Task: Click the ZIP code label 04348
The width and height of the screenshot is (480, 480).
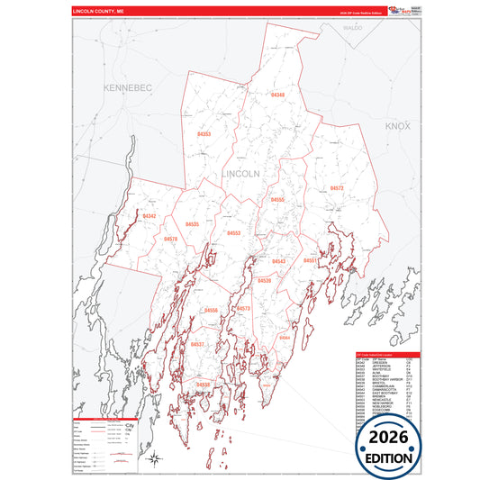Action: (x=278, y=95)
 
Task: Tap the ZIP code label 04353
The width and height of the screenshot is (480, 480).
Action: (x=204, y=133)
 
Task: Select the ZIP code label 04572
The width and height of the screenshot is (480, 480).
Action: (x=337, y=188)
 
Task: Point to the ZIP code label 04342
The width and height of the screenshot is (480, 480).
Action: (x=149, y=216)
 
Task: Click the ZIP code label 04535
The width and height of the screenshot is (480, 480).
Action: (x=193, y=224)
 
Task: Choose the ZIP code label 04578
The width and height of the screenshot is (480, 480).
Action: (x=171, y=239)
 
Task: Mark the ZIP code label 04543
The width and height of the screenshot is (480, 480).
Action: (x=278, y=261)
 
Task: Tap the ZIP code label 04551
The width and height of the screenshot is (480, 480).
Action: (x=309, y=260)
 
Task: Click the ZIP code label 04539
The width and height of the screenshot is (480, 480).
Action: (x=264, y=281)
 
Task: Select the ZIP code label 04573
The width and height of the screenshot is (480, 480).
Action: (x=243, y=308)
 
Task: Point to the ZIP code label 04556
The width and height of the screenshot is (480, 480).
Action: (x=211, y=311)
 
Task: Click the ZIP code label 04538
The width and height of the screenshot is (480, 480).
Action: (x=203, y=385)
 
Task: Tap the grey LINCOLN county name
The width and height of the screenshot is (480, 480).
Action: (x=240, y=173)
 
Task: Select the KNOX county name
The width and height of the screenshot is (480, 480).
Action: (x=397, y=127)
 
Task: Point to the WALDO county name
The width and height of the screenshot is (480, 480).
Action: (x=352, y=28)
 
